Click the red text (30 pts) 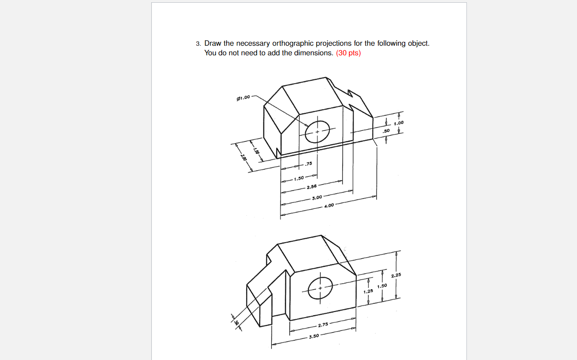click(x=348, y=53)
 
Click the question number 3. click(x=198, y=44)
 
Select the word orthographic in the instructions click(x=293, y=43)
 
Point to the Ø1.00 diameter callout click(x=243, y=97)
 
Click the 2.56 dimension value click(x=312, y=187)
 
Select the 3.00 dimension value click(x=317, y=197)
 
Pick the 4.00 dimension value click(x=329, y=206)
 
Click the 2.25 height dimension click(x=396, y=275)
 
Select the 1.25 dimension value click(x=368, y=291)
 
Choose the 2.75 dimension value click(x=323, y=324)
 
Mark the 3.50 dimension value click(x=314, y=336)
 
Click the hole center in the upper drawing click(x=317, y=132)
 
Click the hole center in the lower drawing click(x=320, y=288)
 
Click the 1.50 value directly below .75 click(x=299, y=178)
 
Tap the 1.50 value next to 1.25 click(x=382, y=286)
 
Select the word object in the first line click(x=418, y=43)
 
